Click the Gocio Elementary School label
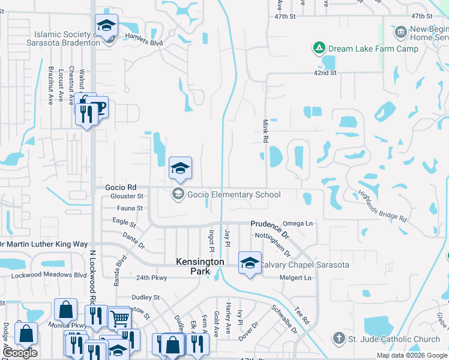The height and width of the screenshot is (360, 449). click(x=234, y=194)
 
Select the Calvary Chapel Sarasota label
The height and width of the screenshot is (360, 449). click(x=304, y=265)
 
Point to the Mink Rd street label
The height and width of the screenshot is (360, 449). click(x=265, y=130)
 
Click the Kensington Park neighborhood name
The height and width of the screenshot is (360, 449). click(x=200, y=266)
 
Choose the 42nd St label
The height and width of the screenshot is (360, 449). click(x=325, y=73)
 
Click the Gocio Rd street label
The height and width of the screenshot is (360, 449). click(x=121, y=187)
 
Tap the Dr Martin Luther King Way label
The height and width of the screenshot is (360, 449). click(x=43, y=244)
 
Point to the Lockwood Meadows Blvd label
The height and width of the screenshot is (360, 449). click(x=49, y=275)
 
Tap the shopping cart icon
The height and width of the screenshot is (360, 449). click(x=119, y=318)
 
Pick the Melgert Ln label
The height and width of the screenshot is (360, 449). click(x=298, y=278)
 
